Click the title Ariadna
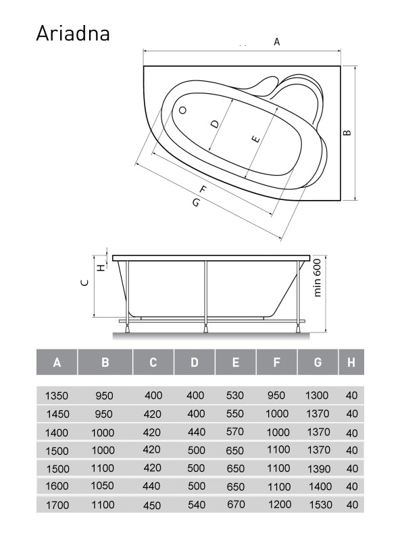tap(73, 33)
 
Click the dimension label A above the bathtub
tap(277, 42)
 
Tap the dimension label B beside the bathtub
tap(347, 132)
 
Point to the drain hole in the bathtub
tap(182, 110)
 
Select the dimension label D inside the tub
tap(216, 124)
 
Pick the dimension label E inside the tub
tap(256, 139)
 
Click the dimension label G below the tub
tap(197, 202)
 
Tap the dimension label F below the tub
tap(203, 189)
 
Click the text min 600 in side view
tap(317, 278)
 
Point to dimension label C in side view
tap(84, 282)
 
